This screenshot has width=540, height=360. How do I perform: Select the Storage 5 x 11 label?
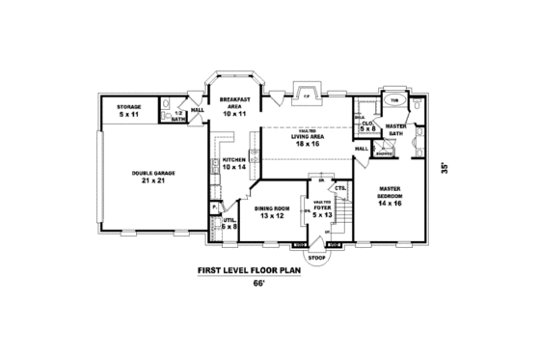point(129,111)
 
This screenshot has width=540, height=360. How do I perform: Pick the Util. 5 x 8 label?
point(229,223)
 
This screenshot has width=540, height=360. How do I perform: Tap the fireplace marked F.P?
point(306,97)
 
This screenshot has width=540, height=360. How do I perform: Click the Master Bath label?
point(395,130)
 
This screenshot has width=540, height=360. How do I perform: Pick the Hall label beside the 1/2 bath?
point(197,110)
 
